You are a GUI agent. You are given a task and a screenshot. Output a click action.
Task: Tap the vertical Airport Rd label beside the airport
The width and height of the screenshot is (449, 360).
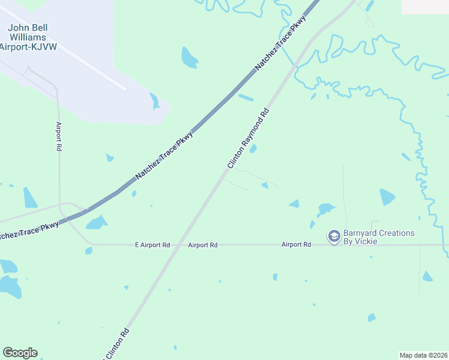(59, 136)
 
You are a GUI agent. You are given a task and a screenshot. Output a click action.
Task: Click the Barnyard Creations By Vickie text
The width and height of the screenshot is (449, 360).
(378, 237)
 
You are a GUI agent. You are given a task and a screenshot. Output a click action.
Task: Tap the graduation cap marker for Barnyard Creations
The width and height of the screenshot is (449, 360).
(334, 237)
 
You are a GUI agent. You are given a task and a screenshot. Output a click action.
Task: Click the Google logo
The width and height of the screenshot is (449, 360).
(20, 353)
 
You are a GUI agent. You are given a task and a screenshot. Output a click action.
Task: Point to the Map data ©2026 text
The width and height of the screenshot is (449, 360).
(424, 355)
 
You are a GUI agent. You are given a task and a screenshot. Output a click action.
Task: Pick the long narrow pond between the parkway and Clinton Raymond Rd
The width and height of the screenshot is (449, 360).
(246, 96)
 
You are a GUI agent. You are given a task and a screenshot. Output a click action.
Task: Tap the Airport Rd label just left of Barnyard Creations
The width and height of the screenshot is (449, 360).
(297, 245)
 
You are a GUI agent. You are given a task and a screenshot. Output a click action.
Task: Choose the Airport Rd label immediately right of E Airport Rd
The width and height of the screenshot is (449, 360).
(202, 245)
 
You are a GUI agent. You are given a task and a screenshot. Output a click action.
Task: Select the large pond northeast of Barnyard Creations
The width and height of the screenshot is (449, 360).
(387, 197)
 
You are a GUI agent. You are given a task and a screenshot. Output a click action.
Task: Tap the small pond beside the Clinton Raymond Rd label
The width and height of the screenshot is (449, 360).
(253, 148)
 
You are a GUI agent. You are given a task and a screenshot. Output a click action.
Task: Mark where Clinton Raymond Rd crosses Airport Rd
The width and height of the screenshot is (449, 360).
(178, 245)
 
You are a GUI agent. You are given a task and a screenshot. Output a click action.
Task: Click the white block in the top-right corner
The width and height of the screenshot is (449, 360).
(425, 6)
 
